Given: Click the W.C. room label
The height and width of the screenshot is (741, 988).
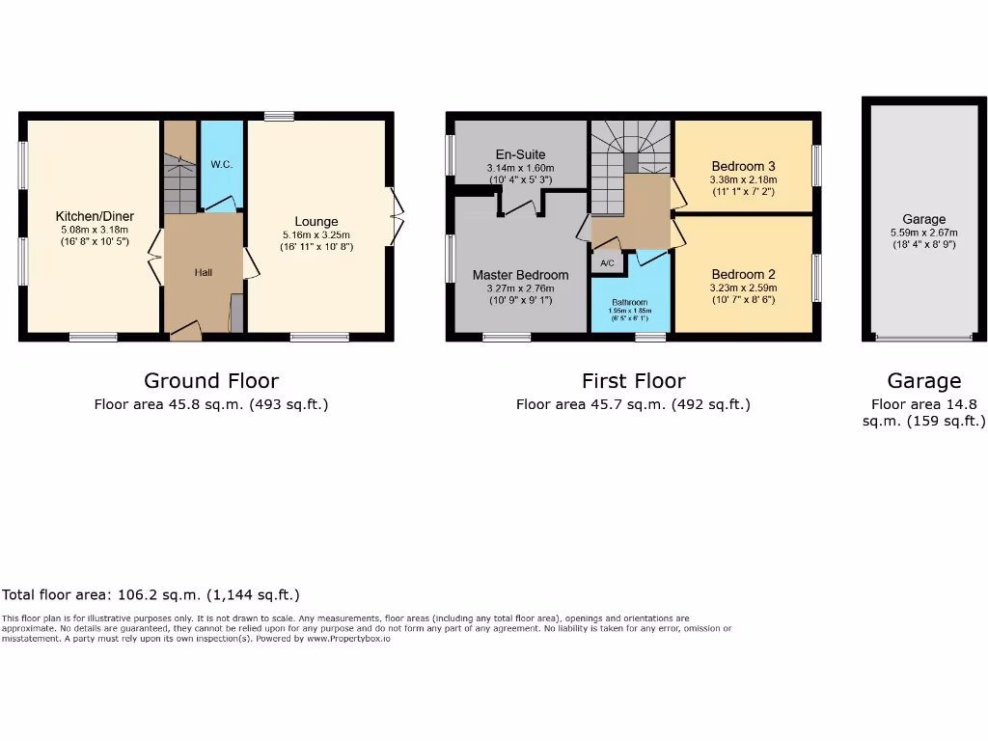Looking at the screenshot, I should (x=221, y=165).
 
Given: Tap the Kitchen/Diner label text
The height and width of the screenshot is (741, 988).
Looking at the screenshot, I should (x=95, y=216).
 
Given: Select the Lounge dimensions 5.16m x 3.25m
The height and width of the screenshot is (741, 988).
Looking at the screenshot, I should (x=316, y=235).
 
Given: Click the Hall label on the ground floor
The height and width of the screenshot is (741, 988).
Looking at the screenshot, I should (x=204, y=273).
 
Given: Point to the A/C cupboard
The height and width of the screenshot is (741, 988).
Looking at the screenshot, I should (x=608, y=263).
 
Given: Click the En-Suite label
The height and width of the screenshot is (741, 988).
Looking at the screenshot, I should (x=520, y=154).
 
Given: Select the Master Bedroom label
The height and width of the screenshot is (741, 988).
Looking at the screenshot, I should (x=520, y=275).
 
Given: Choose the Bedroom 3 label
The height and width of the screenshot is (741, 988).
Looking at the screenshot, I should (x=743, y=166).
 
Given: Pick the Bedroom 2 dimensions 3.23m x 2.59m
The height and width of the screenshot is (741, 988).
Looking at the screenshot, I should (x=743, y=288).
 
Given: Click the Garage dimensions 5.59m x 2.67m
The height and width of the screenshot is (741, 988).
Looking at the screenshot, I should (x=923, y=233).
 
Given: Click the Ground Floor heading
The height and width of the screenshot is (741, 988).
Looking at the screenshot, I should (x=211, y=381).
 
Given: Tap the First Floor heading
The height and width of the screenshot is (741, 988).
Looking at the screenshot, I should (x=633, y=381).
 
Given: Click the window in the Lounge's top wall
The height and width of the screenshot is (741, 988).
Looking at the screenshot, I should (x=280, y=117).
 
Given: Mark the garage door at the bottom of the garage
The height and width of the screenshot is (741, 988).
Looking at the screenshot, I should (x=923, y=338).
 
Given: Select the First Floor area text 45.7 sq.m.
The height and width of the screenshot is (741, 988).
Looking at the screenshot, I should (x=633, y=405).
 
